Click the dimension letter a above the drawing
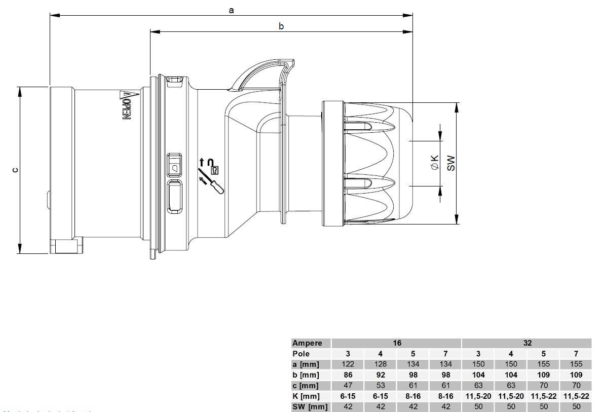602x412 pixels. [231, 10]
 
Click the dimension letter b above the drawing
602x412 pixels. [281, 26]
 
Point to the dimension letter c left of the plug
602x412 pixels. [16, 170]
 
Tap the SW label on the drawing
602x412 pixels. [451, 163]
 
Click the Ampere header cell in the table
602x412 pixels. [308, 343]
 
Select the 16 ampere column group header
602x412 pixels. [397, 343]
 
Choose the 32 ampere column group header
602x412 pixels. [527, 343]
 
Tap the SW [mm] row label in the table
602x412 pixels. [310, 406]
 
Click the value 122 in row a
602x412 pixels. [348, 364]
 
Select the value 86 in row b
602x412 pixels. [348, 375]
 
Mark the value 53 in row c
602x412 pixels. [381, 386]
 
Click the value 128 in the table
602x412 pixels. [381, 364]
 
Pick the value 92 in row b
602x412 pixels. [381, 375]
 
